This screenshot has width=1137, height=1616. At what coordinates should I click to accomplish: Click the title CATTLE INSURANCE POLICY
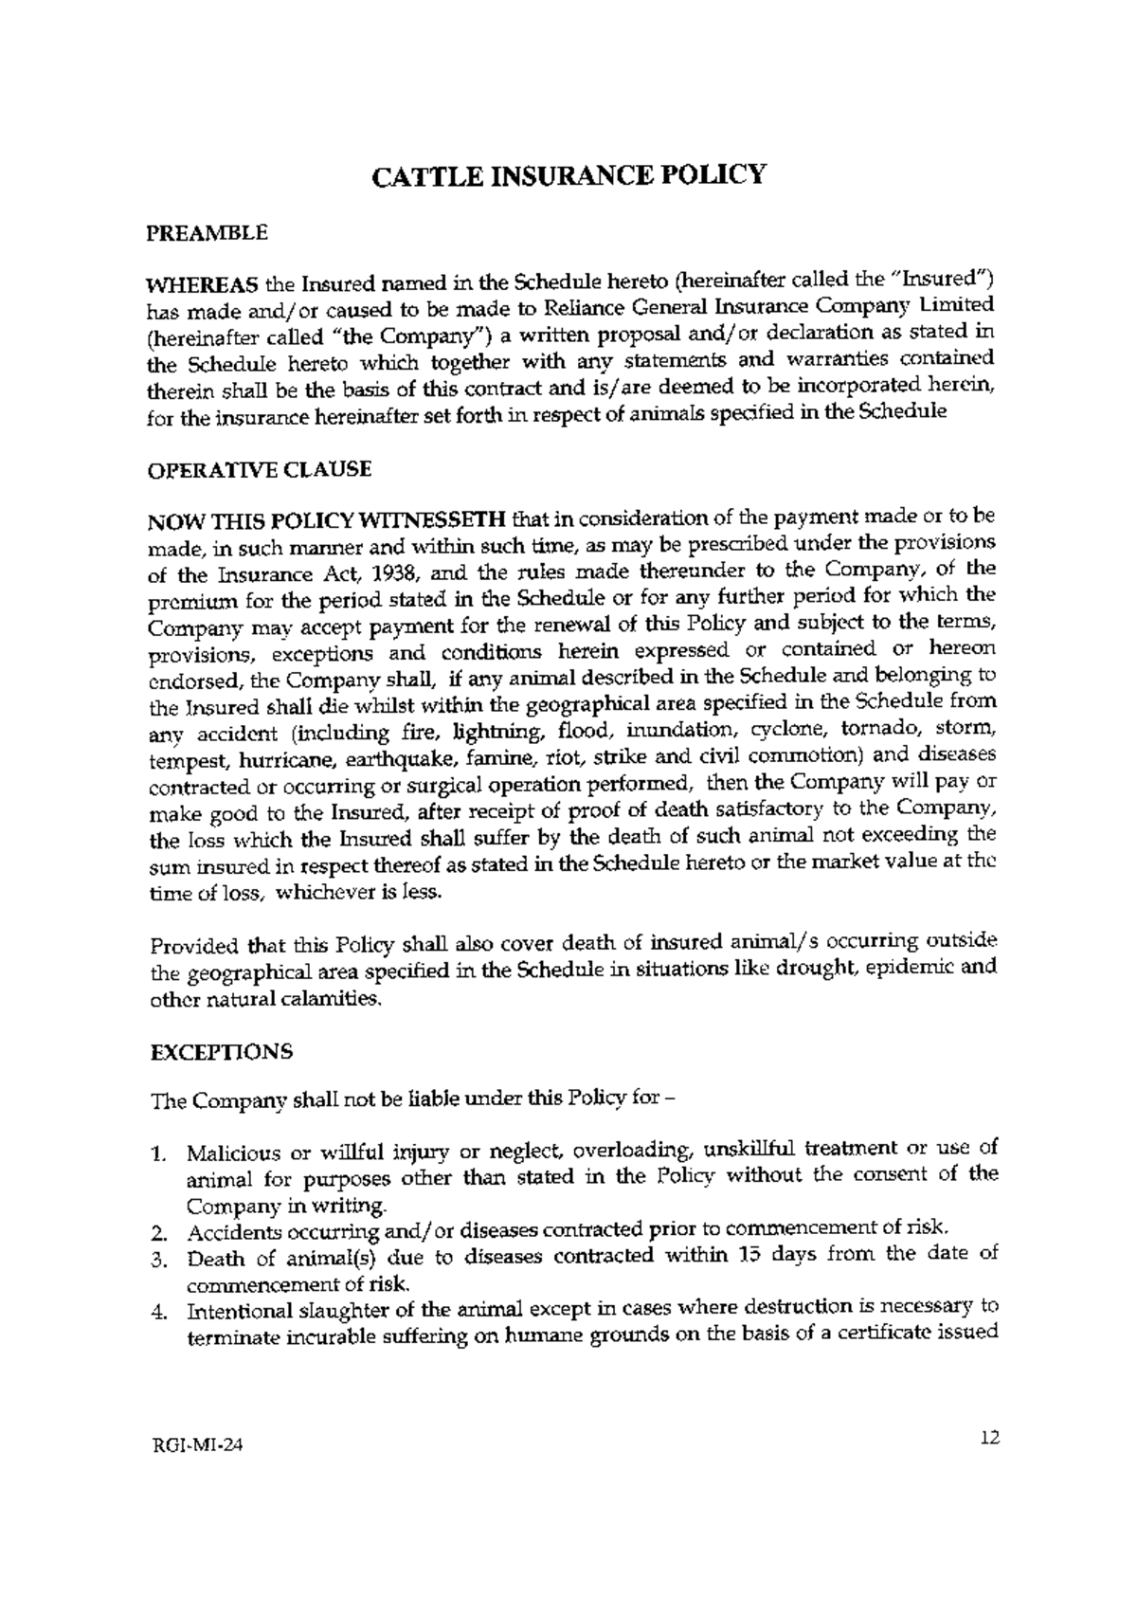[x=567, y=177]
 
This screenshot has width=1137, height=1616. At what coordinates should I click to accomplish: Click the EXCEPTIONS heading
[x=222, y=1052]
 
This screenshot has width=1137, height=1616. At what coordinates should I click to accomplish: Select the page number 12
[x=990, y=1438]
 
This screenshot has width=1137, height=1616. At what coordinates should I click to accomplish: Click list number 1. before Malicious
[x=159, y=1155]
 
